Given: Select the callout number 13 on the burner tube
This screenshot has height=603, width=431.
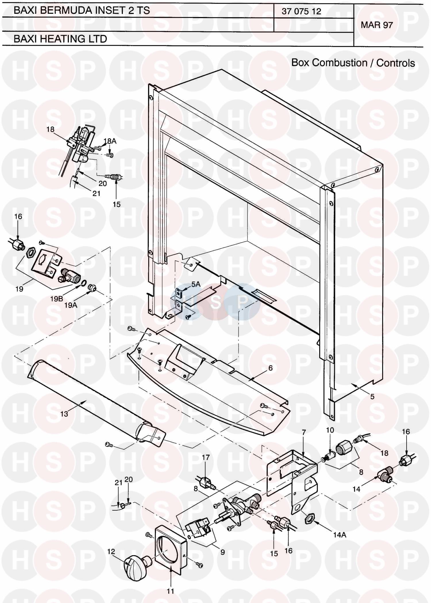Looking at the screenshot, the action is point(64,414).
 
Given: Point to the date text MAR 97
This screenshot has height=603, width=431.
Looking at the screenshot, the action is point(377,25).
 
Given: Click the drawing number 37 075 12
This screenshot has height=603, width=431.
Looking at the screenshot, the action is point(301,11).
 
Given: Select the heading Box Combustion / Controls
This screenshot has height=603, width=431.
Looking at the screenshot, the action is point(353,63).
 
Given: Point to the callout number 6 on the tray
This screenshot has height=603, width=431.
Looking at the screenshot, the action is point(270,368).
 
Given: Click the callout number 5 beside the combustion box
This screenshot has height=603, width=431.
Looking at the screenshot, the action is point(372,397).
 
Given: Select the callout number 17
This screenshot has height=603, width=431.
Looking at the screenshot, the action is point(206,457).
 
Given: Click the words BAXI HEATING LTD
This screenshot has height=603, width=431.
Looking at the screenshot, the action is point(60,39).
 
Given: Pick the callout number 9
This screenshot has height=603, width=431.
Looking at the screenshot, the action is point(222,552).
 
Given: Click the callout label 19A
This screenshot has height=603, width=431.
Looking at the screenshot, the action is point(71,305).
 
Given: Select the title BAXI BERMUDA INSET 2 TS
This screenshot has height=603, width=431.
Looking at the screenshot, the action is point(82,10).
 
